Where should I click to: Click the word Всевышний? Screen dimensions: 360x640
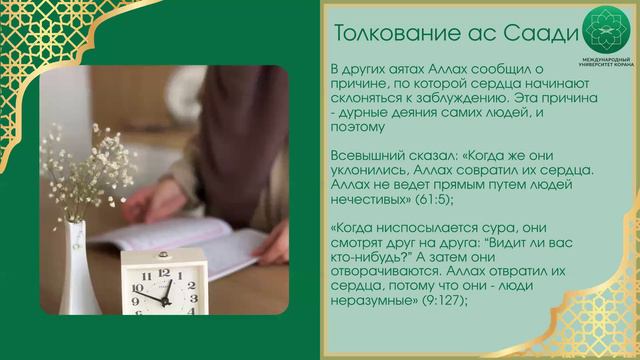pyautogui.click(x=363, y=157)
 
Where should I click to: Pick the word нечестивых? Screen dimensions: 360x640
pyautogui.click(x=364, y=199)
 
